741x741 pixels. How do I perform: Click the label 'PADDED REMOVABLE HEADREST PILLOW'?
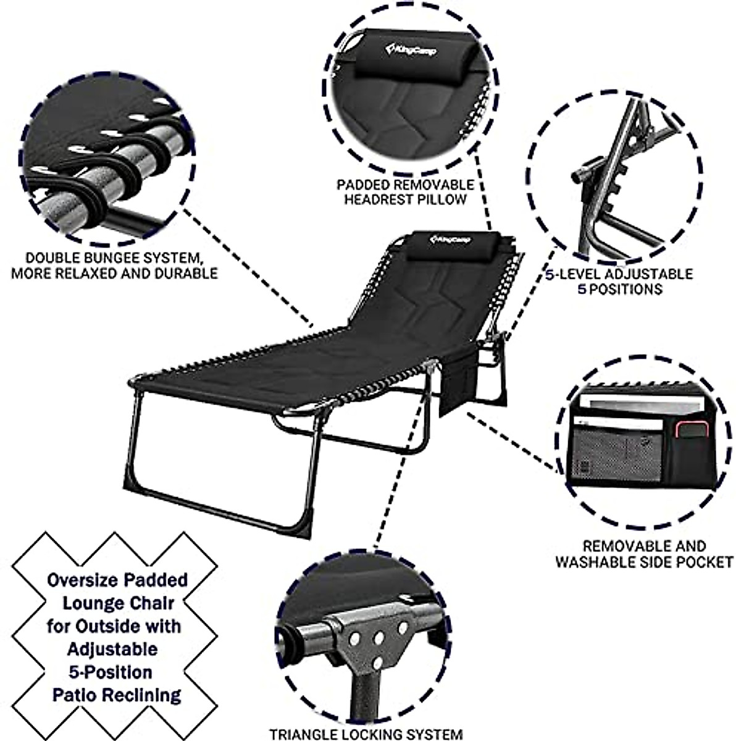click(x=405, y=191)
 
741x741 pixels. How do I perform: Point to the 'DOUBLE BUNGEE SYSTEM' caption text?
click(x=114, y=265)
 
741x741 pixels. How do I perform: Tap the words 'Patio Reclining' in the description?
click(x=116, y=695)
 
